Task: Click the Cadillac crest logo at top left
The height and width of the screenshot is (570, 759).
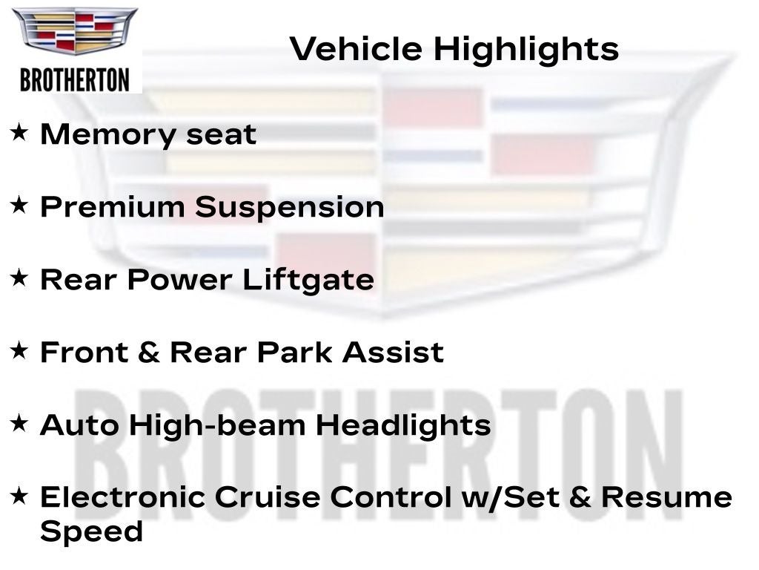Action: click(75, 30)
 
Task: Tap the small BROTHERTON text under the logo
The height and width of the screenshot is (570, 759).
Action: click(75, 80)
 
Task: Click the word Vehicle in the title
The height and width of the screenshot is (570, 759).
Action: click(356, 49)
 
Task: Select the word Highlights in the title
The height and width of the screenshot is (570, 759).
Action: click(526, 50)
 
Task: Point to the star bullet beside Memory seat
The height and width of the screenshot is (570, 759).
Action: click(19, 132)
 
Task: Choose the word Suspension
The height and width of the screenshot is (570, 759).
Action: click(290, 209)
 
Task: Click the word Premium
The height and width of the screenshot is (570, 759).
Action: click(113, 207)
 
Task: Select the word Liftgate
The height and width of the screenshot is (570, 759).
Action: click(308, 280)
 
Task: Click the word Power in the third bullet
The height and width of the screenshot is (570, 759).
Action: click(180, 280)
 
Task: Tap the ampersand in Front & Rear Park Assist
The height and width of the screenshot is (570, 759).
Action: click(148, 353)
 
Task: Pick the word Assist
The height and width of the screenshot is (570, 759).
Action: click(393, 352)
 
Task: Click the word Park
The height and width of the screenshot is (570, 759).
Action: click(295, 352)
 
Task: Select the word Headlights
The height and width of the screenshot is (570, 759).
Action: click(403, 426)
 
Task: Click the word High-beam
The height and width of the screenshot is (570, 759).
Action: click(217, 426)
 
